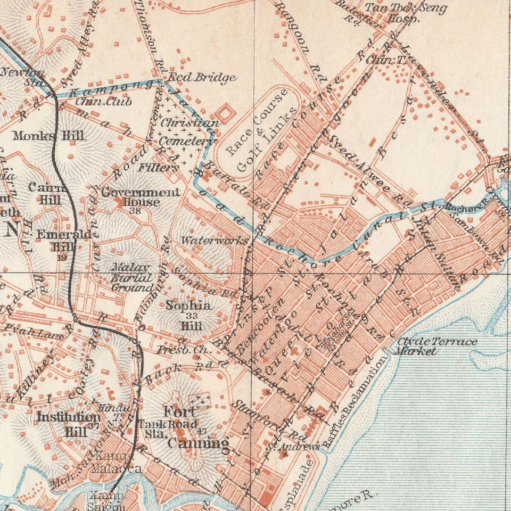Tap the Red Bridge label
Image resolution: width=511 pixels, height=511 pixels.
point(202,78)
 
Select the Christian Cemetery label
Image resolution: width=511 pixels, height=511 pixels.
point(189,132)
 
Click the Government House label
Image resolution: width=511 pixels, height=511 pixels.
point(141,196)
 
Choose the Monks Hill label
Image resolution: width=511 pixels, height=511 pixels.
point(48,135)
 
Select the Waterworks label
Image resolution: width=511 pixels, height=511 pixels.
point(214,240)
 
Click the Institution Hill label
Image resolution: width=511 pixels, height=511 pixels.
point(68,424)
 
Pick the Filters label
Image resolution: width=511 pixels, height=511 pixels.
point(159,167)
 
